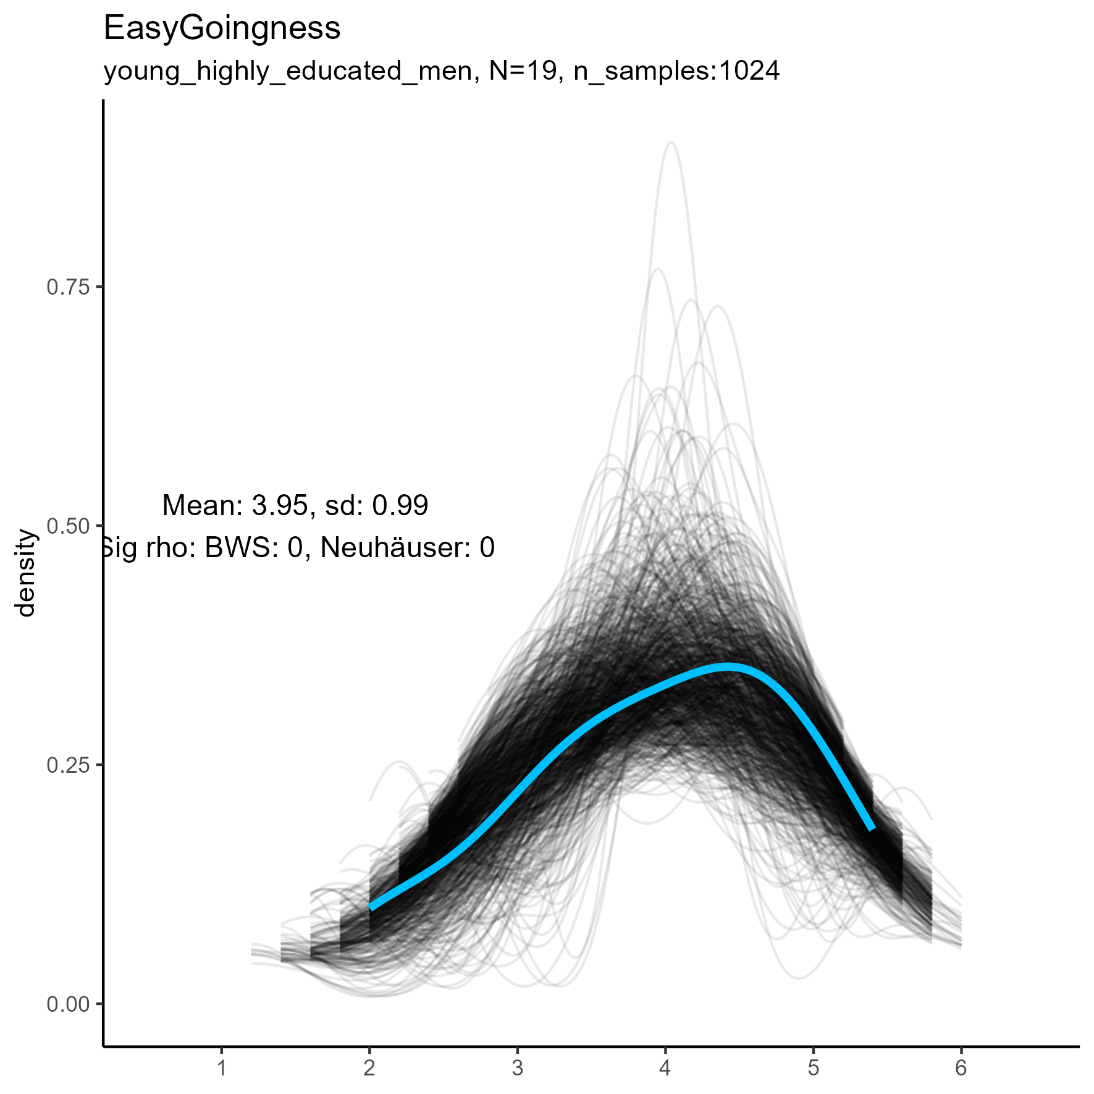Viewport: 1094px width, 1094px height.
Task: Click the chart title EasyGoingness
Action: (x=222, y=28)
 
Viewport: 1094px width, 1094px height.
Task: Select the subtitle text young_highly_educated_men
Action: (x=288, y=72)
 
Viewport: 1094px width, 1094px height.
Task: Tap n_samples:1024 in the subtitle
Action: (x=676, y=72)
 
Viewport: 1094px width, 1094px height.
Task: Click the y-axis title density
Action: (x=27, y=573)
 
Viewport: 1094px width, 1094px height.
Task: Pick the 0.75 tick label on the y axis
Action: (x=68, y=287)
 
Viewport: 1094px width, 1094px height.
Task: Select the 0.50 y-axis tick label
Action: (x=68, y=526)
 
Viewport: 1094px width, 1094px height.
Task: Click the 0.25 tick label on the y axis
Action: (x=68, y=765)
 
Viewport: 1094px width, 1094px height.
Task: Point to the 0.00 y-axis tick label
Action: (x=68, y=1004)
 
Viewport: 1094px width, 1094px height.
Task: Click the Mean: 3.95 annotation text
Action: (x=235, y=506)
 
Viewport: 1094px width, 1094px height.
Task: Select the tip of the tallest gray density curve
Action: (x=671, y=143)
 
